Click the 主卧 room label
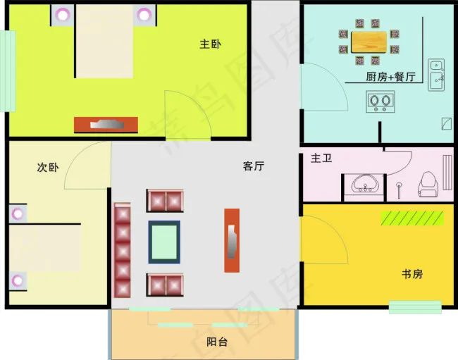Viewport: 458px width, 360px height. [210, 44]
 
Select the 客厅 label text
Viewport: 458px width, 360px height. [253, 166]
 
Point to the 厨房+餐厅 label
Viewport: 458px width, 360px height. [390, 77]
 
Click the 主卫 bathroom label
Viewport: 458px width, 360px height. [321, 159]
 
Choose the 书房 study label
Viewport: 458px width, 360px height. [412, 273]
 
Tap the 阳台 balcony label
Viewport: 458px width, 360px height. [216, 342]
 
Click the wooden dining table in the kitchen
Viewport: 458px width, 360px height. [369, 42]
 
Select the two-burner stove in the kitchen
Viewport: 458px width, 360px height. [381, 101]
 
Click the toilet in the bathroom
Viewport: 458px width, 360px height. [428, 185]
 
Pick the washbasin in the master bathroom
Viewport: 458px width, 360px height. [366, 184]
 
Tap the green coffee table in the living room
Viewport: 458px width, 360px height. [164, 242]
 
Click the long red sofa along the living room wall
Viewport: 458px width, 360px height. [123, 251]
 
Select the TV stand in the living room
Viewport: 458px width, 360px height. [232, 240]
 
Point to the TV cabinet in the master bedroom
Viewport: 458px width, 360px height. [106, 125]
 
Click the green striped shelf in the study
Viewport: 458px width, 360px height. [413, 218]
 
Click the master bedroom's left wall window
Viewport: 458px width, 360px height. [8, 70]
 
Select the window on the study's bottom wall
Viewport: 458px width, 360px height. [415, 307]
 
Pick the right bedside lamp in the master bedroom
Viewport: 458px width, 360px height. [145, 14]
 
